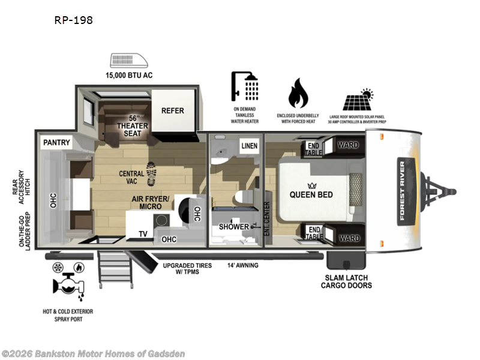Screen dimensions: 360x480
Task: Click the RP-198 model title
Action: tap(73, 20)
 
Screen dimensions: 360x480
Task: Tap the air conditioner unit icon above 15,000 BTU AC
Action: tap(131, 61)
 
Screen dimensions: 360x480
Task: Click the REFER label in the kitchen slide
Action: tap(172, 110)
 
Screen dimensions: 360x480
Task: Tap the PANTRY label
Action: tap(57, 143)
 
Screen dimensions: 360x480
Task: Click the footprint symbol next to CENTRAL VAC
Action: tap(151, 173)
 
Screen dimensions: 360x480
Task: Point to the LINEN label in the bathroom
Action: tap(249, 146)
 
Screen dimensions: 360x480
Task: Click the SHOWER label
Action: tap(233, 227)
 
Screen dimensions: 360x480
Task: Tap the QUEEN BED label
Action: tap(311, 194)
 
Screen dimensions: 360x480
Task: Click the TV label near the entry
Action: tap(143, 234)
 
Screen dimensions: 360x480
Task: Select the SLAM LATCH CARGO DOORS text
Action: tap(347, 281)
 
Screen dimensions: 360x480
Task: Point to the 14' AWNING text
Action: tap(242, 265)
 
